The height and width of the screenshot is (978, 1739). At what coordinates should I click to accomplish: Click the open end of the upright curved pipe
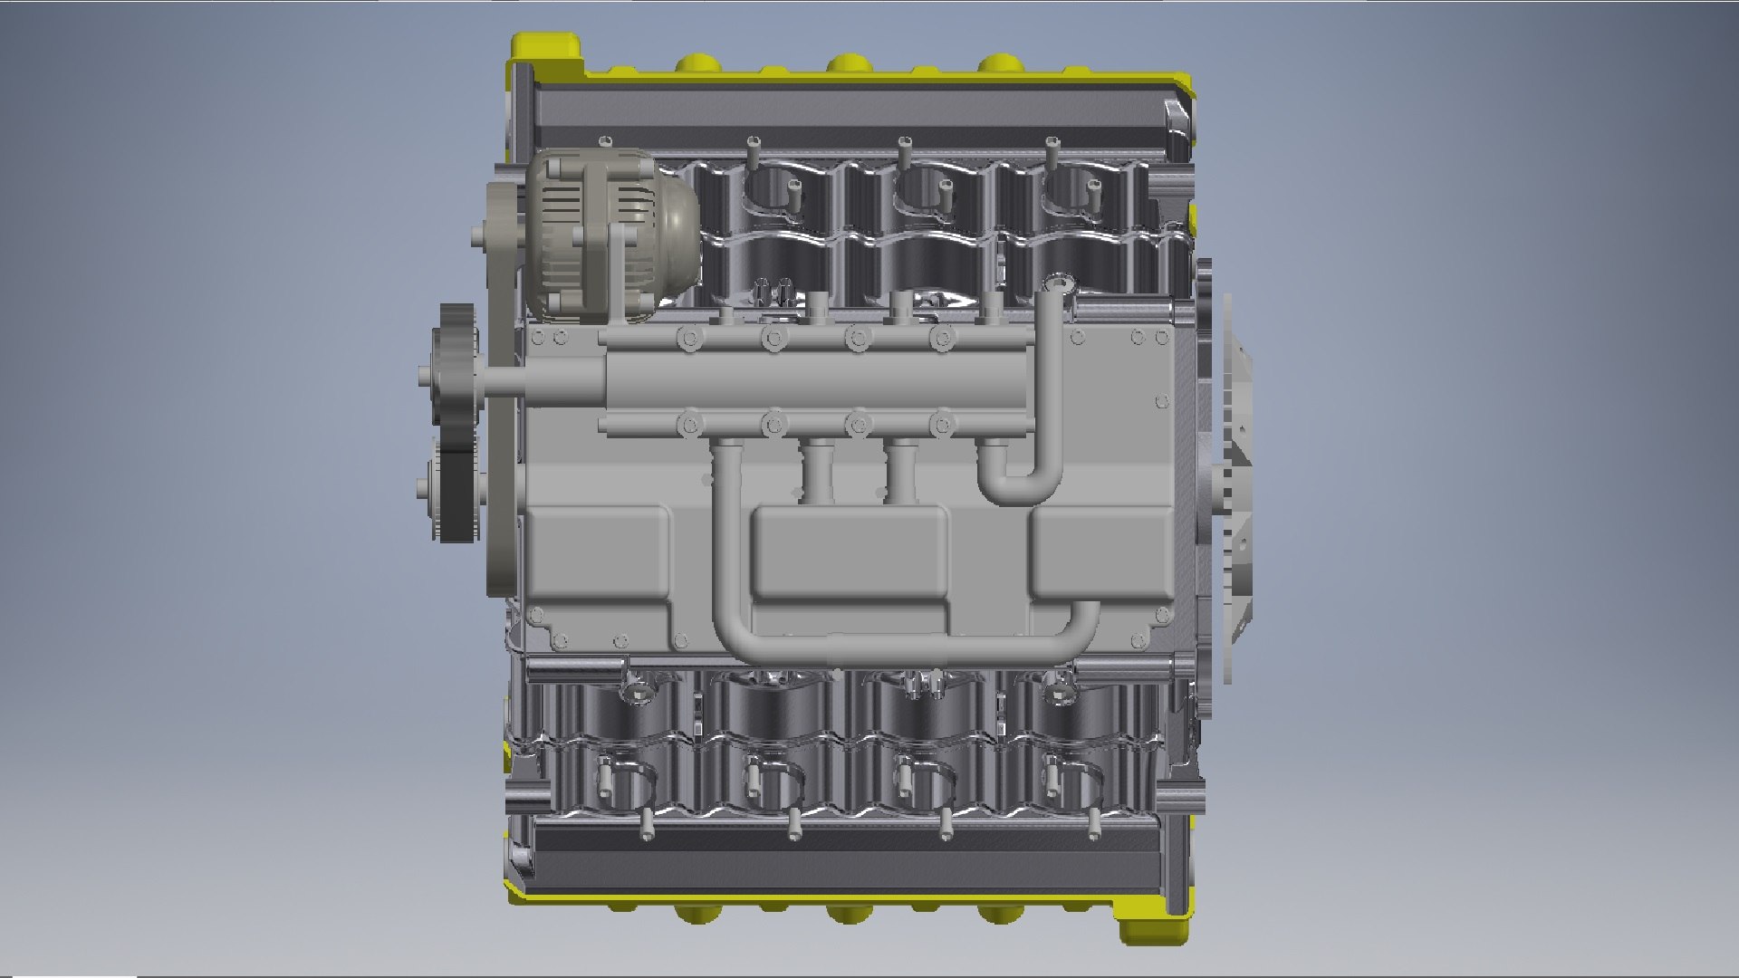1056,285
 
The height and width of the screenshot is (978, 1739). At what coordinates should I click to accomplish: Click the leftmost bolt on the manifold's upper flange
687,340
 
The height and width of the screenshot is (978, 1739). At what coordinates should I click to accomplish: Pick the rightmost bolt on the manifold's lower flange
943,423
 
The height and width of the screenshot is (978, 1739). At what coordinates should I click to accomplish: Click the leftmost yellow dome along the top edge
696,63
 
